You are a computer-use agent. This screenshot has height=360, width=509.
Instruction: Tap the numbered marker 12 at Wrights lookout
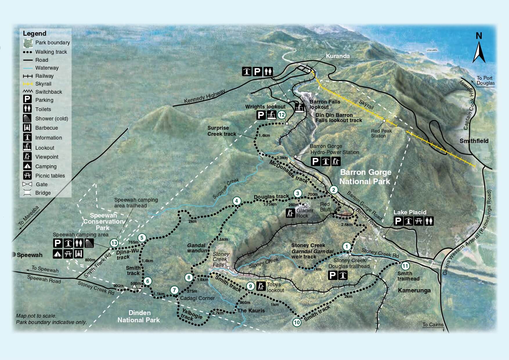pyautogui.click(x=282, y=115)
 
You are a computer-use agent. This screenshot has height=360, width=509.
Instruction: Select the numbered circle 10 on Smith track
pyautogui.click(x=297, y=322)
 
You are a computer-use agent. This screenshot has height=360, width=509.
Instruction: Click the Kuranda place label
pyautogui.click(x=337, y=56)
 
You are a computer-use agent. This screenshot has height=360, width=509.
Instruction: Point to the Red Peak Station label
pyautogui.click(x=381, y=133)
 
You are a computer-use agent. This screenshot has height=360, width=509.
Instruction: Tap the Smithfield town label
pyautogui.click(x=474, y=141)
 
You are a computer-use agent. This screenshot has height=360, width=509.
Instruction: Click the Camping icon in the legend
pyautogui.click(x=27, y=166)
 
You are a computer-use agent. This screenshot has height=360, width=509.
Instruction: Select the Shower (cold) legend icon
pyautogui.click(x=27, y=118)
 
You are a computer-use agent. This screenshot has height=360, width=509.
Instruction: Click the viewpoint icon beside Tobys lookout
pyautogui.click(x=261, y=286)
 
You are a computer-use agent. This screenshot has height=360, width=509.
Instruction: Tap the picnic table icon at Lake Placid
pyautogui.click(x=418, y=221)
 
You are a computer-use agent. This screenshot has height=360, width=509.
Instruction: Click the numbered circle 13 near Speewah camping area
pyautogui.click(x=114, y=243)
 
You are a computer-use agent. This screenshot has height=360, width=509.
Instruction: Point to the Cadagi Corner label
pyautogui.click(x=197, y=298)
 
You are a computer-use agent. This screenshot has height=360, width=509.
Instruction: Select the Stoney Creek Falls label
pyautogui.click(x=221, y=259)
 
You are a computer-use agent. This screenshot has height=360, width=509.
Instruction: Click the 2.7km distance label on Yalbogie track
pyautogui.click(x=218, y=313)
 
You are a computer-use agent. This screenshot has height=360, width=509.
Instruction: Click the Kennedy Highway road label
pyautogui.click(x=204, y=96)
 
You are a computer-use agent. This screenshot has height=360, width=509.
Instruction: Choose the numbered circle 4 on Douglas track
pyautogui.click(x=237, y=201)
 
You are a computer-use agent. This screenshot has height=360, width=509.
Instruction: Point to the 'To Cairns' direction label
pyautogui.click(x=433, y=325)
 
